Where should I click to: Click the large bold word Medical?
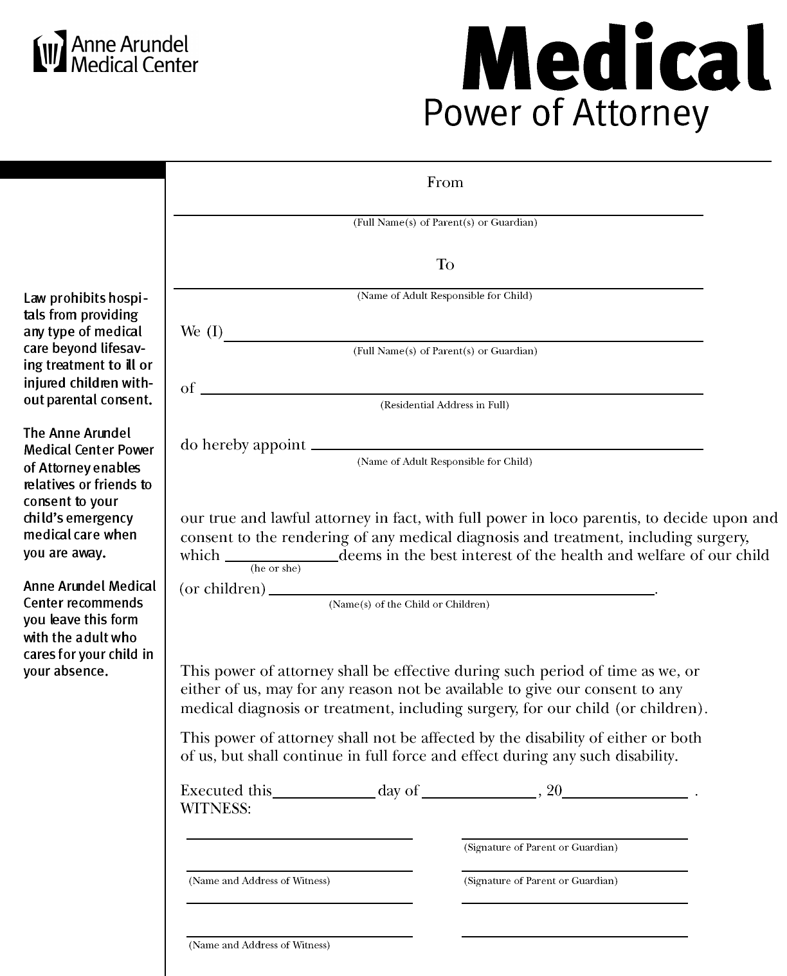tap(615, 59)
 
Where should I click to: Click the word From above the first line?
tap(445, 183)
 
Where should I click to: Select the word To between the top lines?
tap(445, 265)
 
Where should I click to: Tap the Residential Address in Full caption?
tap(445, 405)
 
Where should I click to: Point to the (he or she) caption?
tap(276, 568)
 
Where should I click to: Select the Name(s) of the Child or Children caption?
tap(409, 604)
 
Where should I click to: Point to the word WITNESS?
tap(215, 809)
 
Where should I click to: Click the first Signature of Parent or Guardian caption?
tap(541, 847)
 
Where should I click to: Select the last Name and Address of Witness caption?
tap(259, 945)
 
